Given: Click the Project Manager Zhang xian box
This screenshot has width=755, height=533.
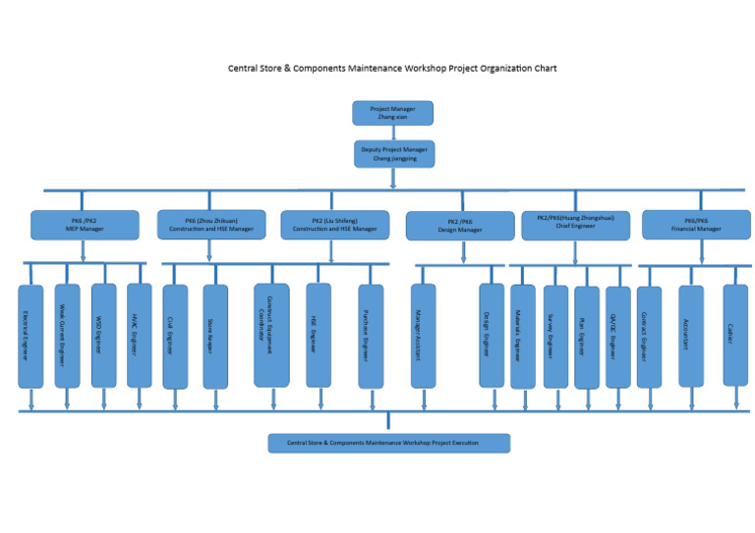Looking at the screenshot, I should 392,113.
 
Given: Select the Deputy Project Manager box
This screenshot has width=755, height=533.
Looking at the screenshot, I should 394,153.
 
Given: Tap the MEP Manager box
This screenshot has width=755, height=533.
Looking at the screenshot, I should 84,225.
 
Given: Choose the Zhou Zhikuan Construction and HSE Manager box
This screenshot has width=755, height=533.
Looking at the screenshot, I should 211,225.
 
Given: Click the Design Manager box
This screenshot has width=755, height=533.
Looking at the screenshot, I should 460,226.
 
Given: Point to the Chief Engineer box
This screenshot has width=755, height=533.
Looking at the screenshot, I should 575,225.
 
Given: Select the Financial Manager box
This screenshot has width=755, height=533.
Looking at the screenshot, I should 696,225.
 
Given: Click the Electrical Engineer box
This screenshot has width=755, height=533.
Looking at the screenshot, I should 30,336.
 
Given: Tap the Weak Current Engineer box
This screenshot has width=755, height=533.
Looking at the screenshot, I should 67,336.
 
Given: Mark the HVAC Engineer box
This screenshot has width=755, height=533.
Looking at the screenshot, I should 140,336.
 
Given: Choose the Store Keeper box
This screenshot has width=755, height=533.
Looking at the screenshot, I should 215,336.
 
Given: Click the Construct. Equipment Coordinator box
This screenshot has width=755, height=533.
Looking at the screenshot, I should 271,335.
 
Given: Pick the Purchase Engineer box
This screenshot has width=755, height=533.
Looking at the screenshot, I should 371,336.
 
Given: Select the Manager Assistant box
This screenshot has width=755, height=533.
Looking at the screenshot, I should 423,336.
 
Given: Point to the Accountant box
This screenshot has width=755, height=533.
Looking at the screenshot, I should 691,335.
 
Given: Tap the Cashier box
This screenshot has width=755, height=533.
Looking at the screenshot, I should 735,335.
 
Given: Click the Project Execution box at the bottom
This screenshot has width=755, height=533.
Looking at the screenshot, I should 388,443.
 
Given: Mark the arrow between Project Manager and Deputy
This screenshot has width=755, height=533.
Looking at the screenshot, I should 393,133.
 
